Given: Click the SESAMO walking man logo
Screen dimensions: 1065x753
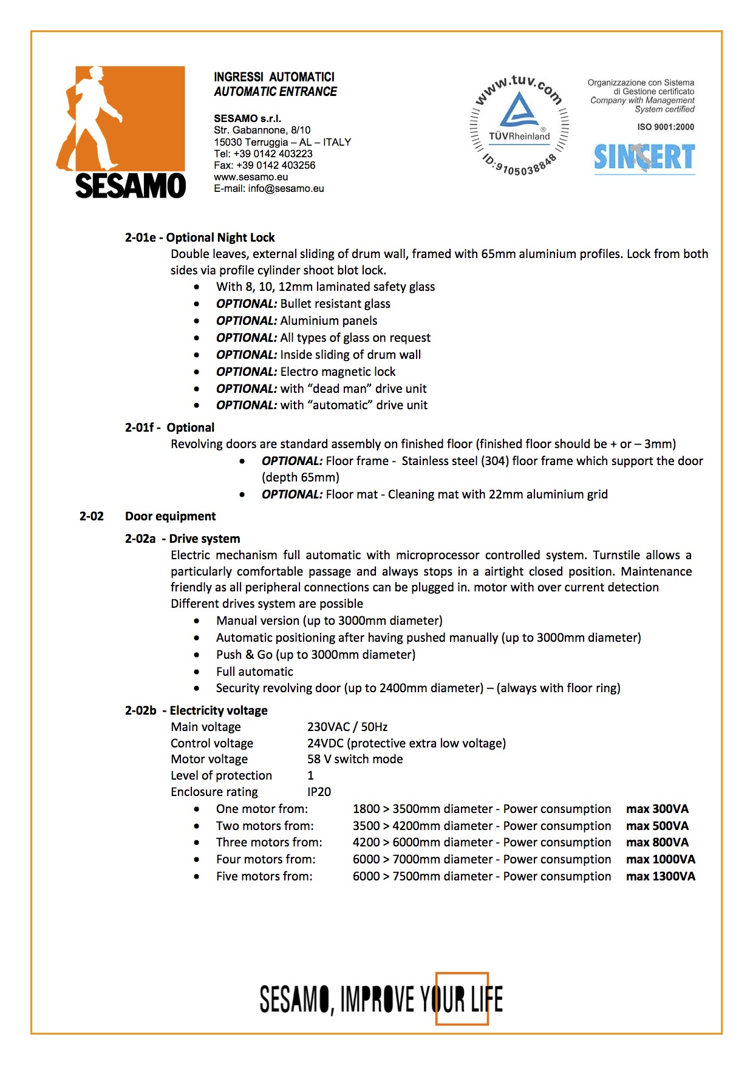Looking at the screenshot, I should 121,132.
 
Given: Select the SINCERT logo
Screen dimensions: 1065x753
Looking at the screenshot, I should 644,157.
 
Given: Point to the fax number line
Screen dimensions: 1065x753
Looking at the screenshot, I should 264,165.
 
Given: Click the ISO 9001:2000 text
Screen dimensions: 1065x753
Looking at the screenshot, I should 666,127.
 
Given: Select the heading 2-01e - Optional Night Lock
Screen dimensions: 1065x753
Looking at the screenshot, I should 200,237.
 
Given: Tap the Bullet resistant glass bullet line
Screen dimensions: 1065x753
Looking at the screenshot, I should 303,304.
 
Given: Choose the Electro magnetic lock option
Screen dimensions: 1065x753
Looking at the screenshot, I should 305,372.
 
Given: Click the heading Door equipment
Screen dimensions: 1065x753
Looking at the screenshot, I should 170,516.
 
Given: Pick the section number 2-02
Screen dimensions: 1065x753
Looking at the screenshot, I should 92,516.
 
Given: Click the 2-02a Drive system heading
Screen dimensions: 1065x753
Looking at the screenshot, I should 182,539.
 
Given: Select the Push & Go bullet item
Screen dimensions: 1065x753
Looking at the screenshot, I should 316,655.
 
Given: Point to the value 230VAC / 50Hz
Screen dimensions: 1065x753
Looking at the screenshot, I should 347,727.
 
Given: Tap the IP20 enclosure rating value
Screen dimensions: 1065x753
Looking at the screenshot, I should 319,792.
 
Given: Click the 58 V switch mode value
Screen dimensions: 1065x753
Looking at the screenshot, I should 355,759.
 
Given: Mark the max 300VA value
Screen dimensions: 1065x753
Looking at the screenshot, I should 657,809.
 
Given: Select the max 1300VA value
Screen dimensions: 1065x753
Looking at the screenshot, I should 661,876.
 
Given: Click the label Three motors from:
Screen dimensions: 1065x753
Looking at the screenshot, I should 269,842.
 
